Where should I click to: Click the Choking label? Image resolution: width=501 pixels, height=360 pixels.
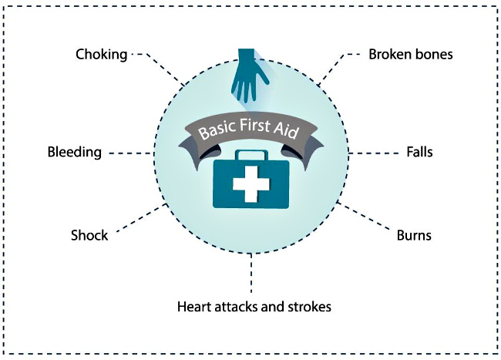tap(101, 55)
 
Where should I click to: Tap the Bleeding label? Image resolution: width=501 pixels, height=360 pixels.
tap(75, 152)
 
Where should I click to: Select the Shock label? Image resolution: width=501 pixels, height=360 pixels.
tap(89, 235)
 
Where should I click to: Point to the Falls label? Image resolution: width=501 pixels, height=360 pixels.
tap(419, 152)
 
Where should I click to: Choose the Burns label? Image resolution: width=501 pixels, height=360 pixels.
tap(414, 235)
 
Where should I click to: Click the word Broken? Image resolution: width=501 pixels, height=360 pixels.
tap(388, 54)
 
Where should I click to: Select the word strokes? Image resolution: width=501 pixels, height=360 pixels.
tap(309, 307)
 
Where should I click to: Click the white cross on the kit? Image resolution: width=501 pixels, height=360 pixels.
tap(251, 184)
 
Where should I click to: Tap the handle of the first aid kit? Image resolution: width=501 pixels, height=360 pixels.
tap(251, 155)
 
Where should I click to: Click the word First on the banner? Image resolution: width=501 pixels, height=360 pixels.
tap(254, 124)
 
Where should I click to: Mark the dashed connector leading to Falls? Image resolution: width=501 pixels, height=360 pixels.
tap(374, 153)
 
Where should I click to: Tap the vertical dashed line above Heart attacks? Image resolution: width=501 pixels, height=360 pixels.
tap(251, 273)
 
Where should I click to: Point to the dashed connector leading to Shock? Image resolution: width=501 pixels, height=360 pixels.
tap(141, 218)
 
